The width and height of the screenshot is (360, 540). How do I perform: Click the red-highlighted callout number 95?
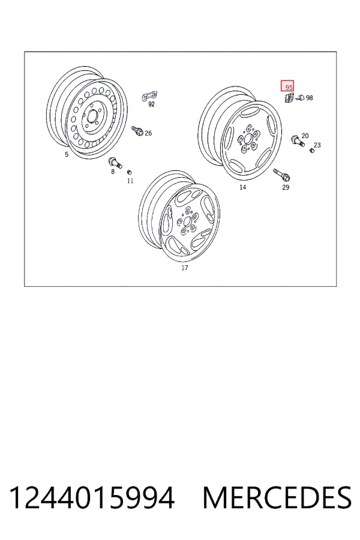(x=289, y=88)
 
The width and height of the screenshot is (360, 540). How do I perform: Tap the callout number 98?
(x=310, y=98)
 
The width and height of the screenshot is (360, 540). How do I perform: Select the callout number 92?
(x=151, y=104)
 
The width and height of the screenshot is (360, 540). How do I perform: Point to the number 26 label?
(x=148, y=133)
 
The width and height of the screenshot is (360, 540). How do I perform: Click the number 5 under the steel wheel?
(x=67, y=154)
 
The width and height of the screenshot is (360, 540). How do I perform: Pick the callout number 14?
(x=243, y=187)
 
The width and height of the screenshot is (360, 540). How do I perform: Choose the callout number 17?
(x=185, y=268)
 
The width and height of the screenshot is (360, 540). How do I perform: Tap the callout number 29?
(x=286, y=187)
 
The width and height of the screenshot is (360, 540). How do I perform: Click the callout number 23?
(x=317, y=145)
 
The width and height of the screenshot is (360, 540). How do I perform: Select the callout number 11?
(x=130, y=181)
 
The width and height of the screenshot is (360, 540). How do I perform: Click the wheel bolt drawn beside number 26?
(x=137, y=131)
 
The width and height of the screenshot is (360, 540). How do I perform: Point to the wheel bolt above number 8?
(x=115, y=162)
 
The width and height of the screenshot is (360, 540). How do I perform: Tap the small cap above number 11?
(x=130, y=172)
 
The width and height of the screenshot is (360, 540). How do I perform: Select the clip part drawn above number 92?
(x=149, y=96)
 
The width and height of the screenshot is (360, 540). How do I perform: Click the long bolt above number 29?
(x=282, y=175)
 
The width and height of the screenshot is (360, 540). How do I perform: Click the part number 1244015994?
(x=92, y=498)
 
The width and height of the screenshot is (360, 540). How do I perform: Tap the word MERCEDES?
(x=277, y=498)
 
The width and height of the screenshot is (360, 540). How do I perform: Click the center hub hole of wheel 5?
(x=92, y=116)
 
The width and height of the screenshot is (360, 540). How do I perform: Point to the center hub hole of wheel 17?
(x=187, y=221)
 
